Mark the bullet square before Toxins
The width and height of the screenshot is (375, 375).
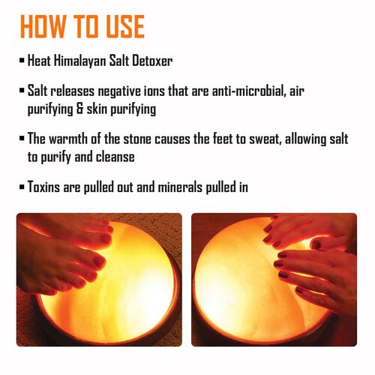[22, 187]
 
